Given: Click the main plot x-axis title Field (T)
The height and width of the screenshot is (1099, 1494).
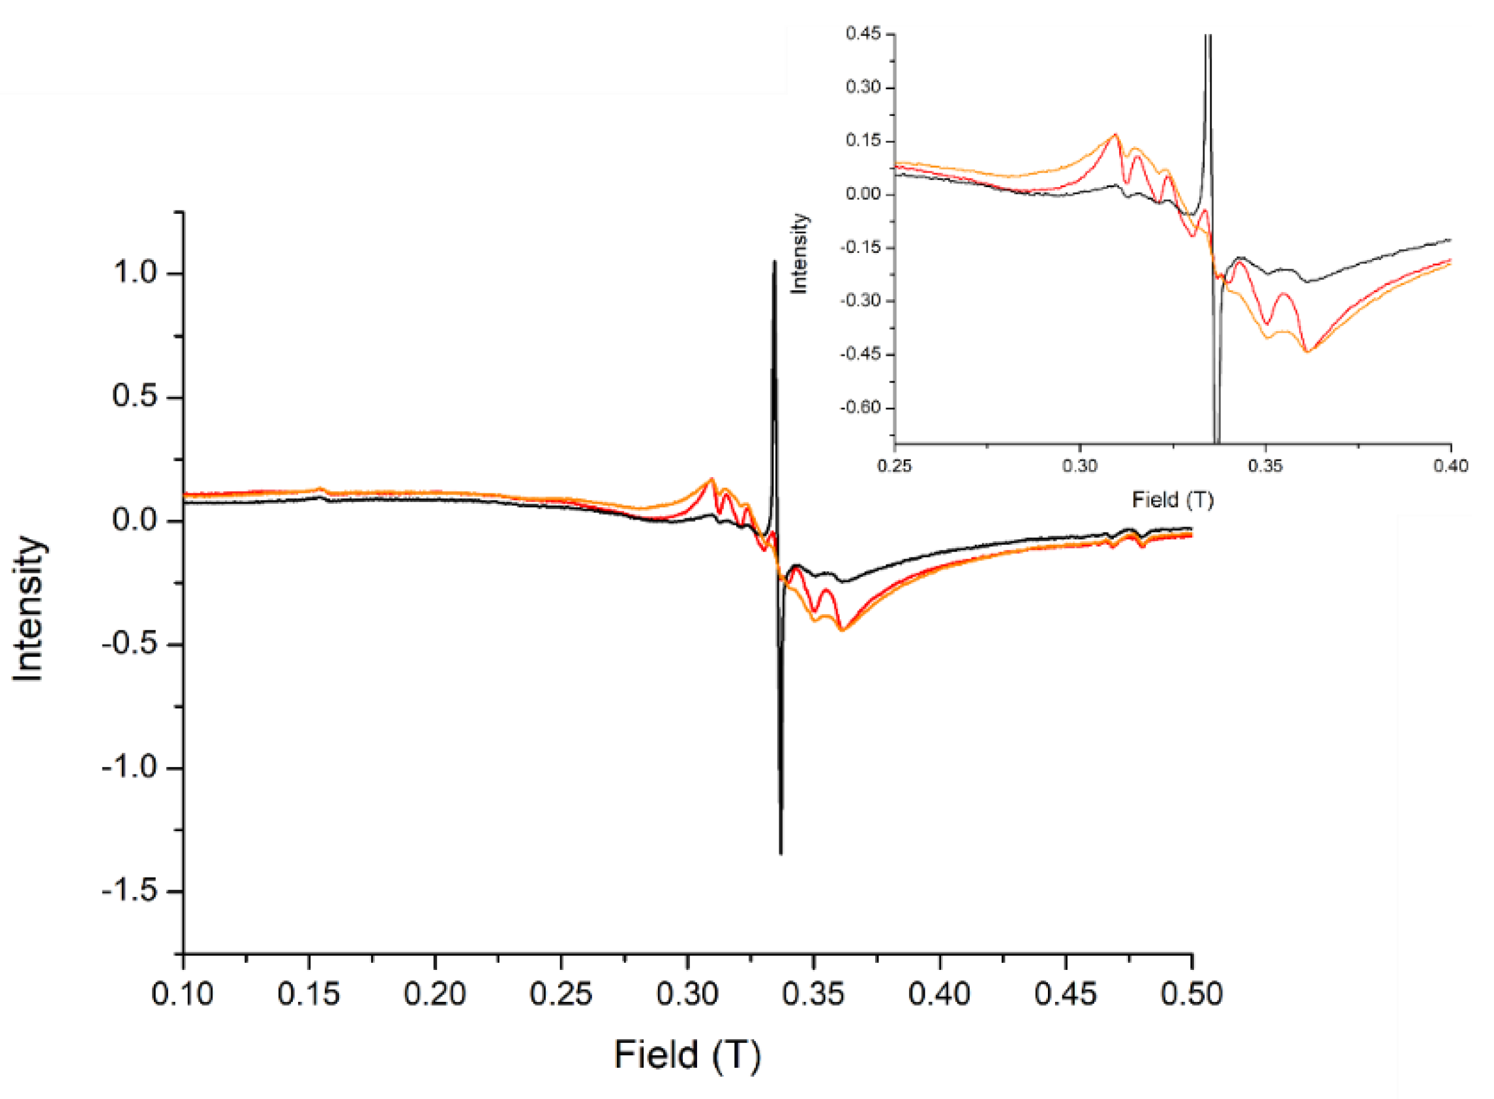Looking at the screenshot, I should coord(687,1055).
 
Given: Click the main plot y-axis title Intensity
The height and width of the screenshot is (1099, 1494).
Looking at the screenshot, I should coord(28,609).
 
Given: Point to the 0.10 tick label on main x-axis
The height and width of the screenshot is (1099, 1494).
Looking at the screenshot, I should coord(183,995).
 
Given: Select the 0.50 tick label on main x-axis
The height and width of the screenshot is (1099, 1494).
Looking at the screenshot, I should coord(1191,995).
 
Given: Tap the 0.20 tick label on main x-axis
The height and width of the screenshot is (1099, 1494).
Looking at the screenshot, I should coord(434,995).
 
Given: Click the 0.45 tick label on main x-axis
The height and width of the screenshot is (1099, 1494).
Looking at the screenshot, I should coord(1065,995).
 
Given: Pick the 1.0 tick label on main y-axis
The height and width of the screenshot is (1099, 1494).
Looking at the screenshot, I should coord(134,272).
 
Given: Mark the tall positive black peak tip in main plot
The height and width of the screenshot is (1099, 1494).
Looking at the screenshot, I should coord(774,261).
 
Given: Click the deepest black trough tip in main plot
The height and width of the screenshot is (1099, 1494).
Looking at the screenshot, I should coord(781,853).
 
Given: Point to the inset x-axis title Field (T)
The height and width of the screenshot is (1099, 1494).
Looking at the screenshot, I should coord(1173,499).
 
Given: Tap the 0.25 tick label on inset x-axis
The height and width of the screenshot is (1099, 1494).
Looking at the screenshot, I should coord(895,465).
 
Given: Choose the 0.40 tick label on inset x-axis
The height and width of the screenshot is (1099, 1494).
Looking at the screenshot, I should coord(1451,465).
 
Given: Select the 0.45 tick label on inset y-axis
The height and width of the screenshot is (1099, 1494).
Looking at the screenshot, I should coord(863,34).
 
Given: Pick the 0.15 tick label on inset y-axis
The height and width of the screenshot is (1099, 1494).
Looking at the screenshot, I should coord(863,141).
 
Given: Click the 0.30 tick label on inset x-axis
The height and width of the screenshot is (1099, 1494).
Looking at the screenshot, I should coord(1079,465).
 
